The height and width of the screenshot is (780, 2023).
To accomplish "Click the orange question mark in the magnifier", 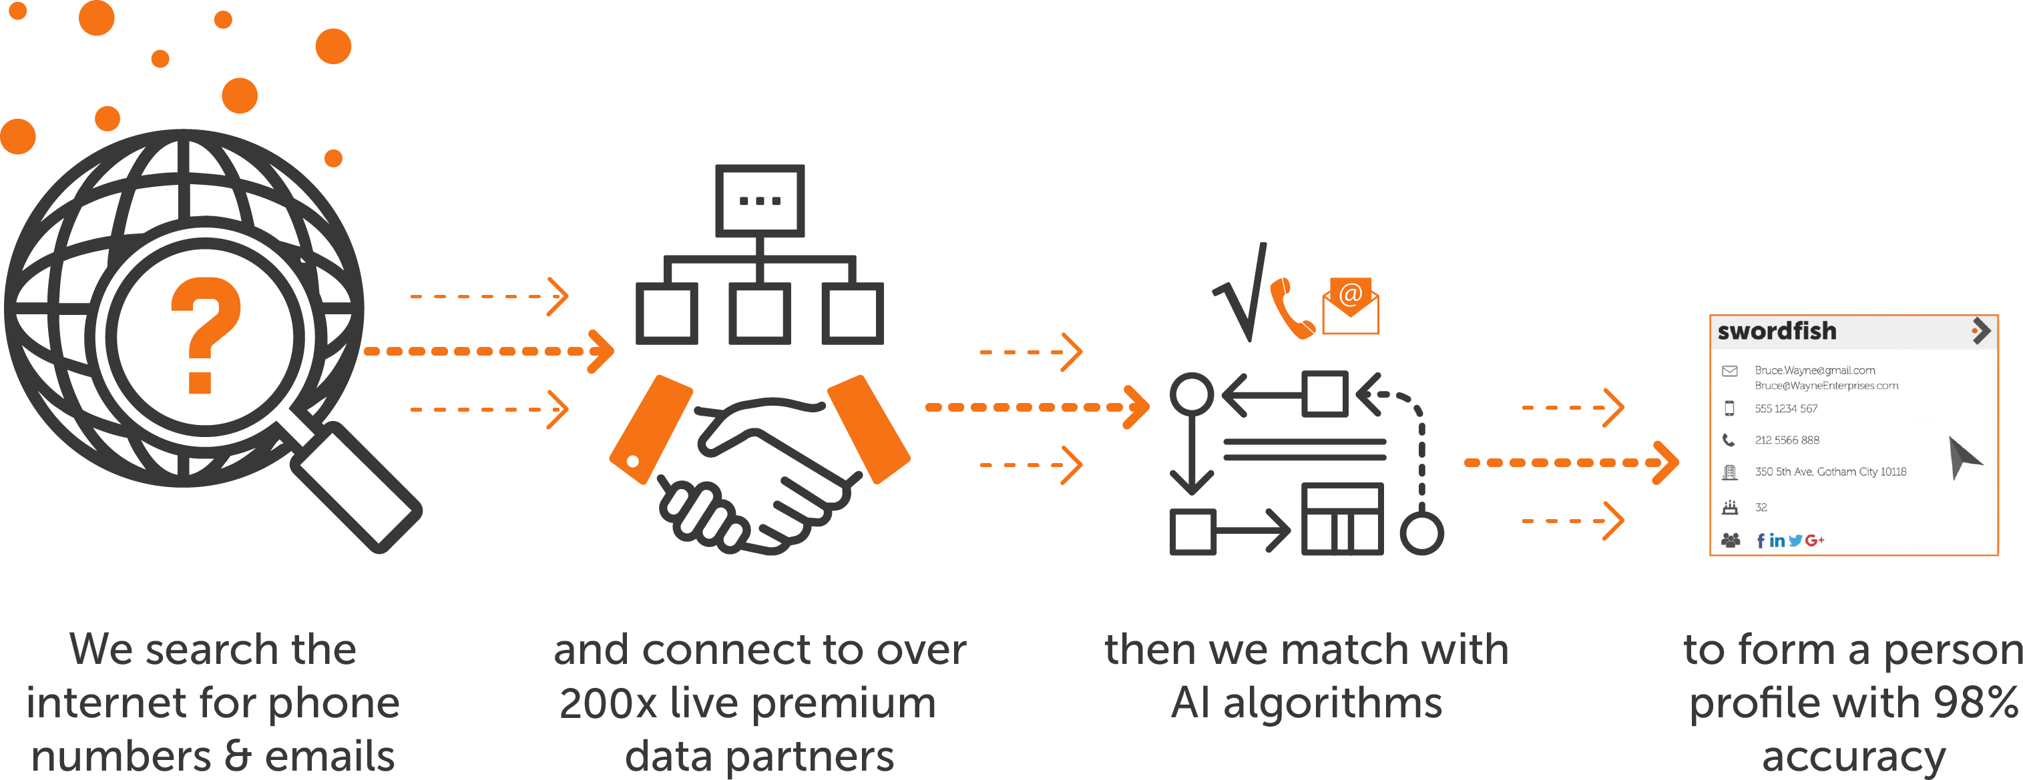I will point(204,334).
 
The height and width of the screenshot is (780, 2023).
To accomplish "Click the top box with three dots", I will point(759,200).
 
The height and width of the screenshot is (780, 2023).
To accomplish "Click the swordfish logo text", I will point(1777,331).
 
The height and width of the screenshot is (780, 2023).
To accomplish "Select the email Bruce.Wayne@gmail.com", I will point(1814,370).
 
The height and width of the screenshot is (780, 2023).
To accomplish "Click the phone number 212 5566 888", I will point(1787,440).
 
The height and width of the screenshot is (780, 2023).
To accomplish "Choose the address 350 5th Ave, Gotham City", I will point(1830,472).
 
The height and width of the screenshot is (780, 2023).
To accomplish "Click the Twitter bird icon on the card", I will point(1795,540).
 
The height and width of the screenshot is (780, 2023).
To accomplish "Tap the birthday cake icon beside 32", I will point(1729,508).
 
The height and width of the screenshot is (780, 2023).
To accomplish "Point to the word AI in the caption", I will point(1190,703).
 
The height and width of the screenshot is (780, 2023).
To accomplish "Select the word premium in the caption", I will point(844,703).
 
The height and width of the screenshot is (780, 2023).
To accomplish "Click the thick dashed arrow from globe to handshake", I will point(487,351).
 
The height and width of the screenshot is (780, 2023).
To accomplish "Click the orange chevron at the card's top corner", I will point(1980,331).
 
